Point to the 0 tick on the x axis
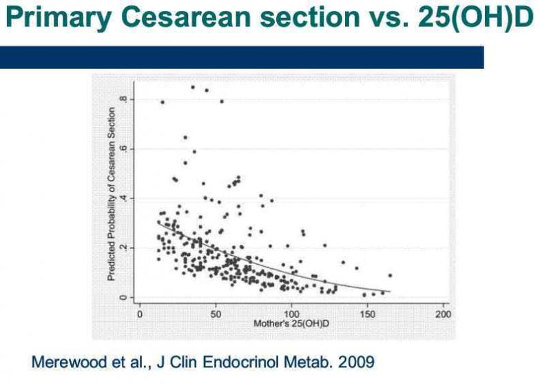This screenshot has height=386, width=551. tap(140, 314)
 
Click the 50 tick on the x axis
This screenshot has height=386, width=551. tap(216, 314)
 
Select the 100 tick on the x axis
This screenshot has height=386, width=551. tap(291, 314)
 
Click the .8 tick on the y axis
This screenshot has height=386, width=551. tap(123, 99)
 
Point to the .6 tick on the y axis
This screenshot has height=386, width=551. tap(123, 149)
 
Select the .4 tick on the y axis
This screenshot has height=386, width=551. tap(123, 199)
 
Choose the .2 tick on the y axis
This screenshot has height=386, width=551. tap(123, 248)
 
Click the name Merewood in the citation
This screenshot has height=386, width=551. tap(64, 360)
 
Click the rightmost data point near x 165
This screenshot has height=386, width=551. tap(390, 275)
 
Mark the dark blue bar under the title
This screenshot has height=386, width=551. tap(241, 57)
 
